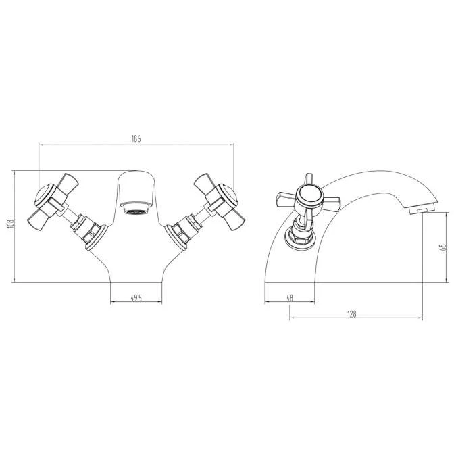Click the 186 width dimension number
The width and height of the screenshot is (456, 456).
click(136, 138)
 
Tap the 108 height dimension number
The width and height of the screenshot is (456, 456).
click(11, 224)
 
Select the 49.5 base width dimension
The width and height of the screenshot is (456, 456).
click(136, 298)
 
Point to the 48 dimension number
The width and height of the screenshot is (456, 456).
click(290, 298)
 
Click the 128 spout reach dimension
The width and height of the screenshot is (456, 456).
click(351, 314)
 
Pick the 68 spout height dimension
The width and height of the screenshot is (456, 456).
click(444, 247)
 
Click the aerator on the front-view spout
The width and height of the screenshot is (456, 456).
click(136, 209)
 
